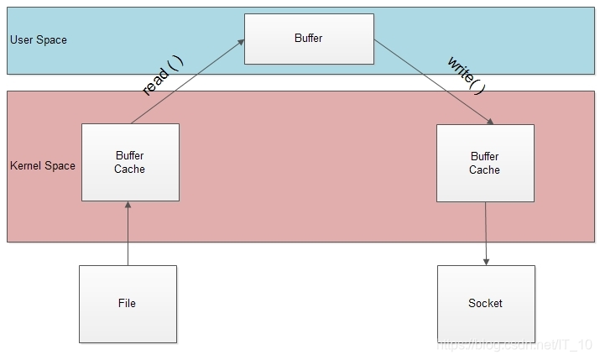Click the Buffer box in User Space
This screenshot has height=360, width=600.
point(309,39)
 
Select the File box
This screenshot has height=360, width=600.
point(128,303)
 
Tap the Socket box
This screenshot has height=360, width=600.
point(485,303)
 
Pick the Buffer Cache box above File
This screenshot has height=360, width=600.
point(130,162)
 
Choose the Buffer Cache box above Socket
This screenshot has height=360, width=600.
point(485,163)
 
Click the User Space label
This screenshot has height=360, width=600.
point(39,40)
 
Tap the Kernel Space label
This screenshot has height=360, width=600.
point(43,165)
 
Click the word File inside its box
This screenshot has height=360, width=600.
point(128,303)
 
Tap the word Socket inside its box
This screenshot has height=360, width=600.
point(485,303)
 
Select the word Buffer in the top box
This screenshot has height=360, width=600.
point(309,39)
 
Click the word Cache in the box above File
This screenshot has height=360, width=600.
point(130,169)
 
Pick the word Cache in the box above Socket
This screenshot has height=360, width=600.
point(485,170)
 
